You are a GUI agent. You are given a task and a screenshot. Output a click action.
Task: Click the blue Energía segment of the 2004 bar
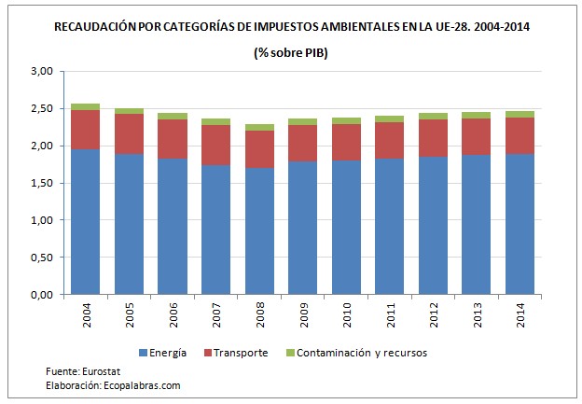coord(85,222)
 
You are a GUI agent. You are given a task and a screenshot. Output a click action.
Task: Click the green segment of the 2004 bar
coord(85,106)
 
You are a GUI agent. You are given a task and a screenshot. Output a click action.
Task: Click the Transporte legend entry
coord(241,353)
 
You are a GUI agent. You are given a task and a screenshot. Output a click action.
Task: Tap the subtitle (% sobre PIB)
coord(291,52)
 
